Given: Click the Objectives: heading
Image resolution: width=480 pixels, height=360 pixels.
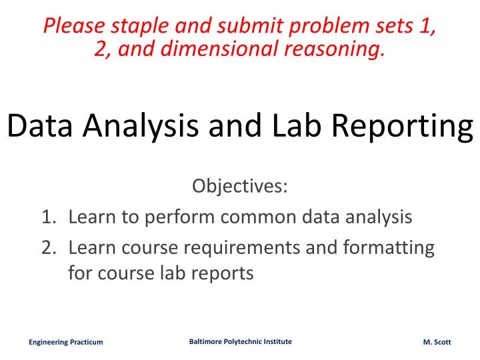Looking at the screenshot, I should point(240,186).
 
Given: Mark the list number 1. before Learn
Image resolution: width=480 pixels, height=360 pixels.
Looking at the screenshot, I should point(49,217).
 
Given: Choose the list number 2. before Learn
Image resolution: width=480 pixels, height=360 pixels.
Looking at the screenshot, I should point(49,247).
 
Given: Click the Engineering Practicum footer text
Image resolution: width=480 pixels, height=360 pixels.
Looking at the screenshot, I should point(65,342).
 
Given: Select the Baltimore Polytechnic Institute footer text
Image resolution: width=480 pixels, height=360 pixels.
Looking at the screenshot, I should point(240,341).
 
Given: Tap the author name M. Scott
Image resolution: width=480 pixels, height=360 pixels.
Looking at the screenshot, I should point(437,342).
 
